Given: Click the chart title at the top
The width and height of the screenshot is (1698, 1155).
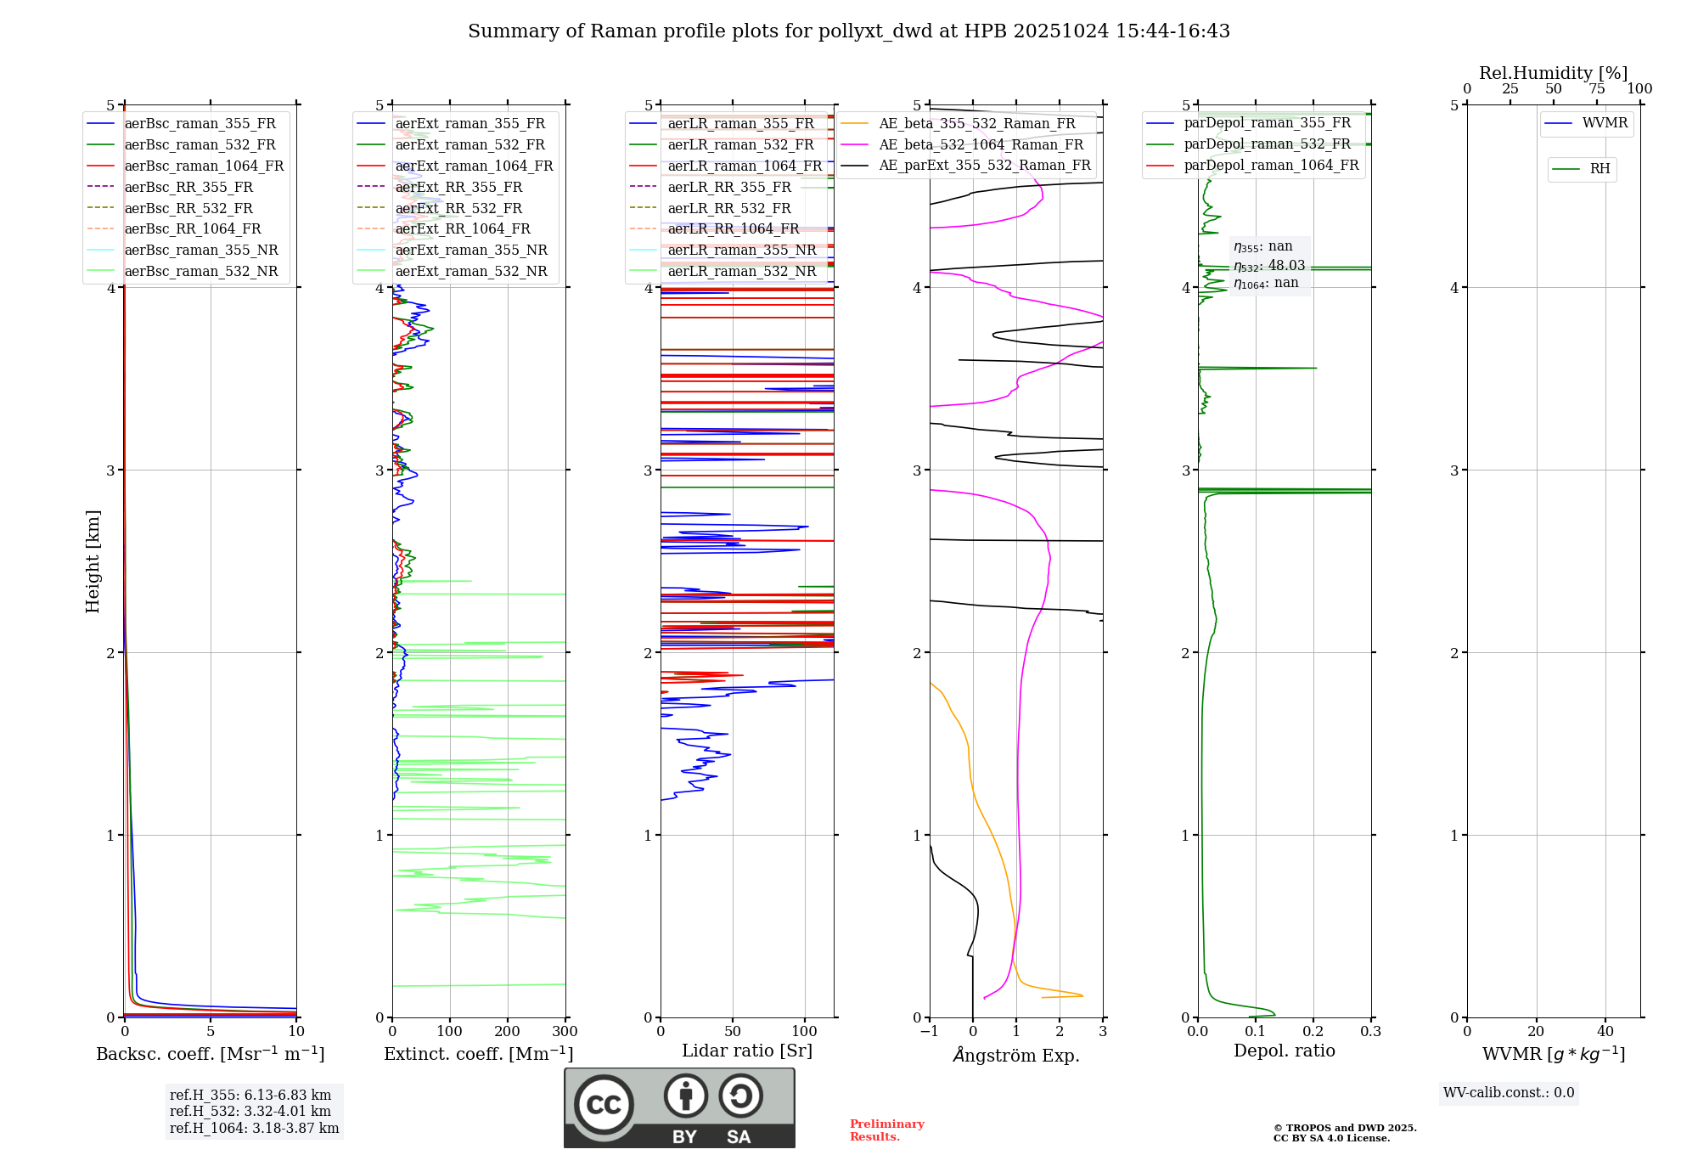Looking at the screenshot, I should [848, 31].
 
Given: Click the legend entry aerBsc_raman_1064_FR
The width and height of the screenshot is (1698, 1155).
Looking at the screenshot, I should [204, 166].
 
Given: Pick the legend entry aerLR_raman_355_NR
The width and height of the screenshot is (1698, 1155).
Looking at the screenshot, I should [741, 250].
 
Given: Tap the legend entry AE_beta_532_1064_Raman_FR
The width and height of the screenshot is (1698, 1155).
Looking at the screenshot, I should [981, 144].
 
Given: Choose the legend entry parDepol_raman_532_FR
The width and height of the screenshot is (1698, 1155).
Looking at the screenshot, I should [1267, 144].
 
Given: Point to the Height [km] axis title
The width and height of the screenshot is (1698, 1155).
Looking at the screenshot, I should [93, 561].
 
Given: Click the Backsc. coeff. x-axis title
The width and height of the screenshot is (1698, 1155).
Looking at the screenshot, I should [210, 1054].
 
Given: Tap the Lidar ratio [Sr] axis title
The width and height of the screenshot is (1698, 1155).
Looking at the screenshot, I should [747, 1051].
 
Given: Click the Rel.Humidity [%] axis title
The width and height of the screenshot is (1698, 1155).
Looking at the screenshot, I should [1553, 73].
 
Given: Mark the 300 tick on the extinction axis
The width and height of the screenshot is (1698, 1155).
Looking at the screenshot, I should [565, 1032].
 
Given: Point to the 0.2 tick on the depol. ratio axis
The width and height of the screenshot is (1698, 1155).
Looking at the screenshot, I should [1313, 1032].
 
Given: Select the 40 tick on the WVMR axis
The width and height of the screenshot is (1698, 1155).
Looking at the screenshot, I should [1605, 1032].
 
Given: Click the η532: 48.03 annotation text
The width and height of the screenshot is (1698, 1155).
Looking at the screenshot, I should [1269, 265].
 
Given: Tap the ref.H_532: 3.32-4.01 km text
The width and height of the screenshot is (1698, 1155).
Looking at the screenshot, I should [250, 1111].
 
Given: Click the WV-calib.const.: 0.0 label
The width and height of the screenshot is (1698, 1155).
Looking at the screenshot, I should [1509, 1093].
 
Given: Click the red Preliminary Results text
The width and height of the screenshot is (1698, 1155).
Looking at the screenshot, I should [886, 1130].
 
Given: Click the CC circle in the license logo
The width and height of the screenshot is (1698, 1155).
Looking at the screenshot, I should [604, 1105].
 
